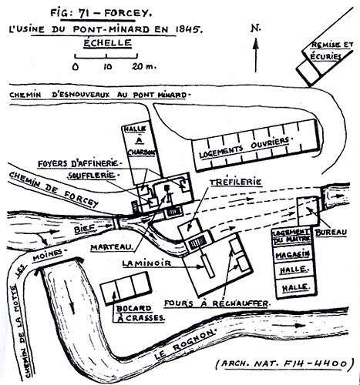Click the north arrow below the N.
click(x=255, y=55)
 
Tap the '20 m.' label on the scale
click(x=144, y=66)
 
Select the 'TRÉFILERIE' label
click(x=235, y=182)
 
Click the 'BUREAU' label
click(x=331, y=233)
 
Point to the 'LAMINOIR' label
click(x=146, y=263)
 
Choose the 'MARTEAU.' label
click(x=112, y=247)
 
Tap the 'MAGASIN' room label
click(x=292, y=255)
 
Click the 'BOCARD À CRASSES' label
click(x=140, y=313)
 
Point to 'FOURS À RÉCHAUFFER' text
click(x=217, y=303)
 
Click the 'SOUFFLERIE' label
click(x=91, y=176)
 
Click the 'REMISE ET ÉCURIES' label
click(x=331, y=51)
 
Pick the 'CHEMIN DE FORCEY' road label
click(x=53, y=189)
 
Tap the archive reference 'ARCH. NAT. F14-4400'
click(x=284, y=363)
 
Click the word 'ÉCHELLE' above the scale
click(x=107, y=43)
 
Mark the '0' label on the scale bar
click(x=75, y=67)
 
